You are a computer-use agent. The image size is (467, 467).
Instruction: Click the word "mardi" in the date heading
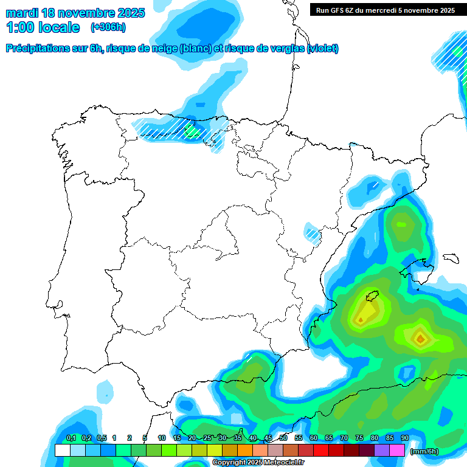pos(21,13)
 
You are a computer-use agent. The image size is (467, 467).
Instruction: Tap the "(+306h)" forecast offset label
pos(108,27)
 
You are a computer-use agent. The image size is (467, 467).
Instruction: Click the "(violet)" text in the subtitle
pos(323,49)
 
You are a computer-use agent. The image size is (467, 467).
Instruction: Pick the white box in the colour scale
pos(62,451)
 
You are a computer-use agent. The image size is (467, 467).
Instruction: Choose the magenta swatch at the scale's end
pos(397,451)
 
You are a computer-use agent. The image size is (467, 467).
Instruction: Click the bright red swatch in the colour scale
pos(321,451)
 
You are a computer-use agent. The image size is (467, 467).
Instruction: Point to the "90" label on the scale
pos(404,438)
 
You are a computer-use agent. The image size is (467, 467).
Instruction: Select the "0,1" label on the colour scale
pos(71,438)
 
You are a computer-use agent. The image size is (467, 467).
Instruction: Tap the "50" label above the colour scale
pos(283,438)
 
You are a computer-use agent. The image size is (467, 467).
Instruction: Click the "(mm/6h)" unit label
pos(424,451)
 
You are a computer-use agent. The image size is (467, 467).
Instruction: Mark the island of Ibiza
pos(372,297)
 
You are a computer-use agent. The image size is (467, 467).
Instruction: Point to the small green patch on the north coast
pos(192,130)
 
